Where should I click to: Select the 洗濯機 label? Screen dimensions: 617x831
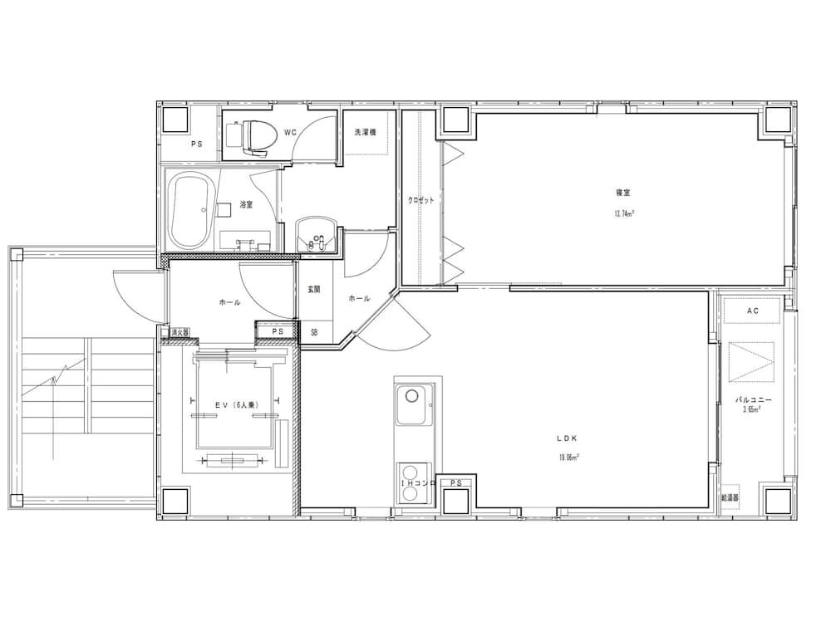coord(366,132)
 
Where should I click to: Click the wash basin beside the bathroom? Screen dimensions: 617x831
coord(316,234)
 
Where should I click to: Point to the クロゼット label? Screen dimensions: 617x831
coord(420,200)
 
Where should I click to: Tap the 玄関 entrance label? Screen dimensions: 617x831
coord(313,290)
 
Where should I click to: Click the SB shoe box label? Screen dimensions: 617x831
coord(314,332)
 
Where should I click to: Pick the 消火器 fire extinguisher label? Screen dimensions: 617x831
coord(179,332)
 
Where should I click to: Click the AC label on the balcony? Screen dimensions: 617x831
coord(752,311)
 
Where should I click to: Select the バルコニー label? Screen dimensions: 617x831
coord(754,399)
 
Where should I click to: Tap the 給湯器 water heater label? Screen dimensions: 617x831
coord(730,497)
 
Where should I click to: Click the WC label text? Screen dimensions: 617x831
coord(290,132)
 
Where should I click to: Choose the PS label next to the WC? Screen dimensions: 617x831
coord(196,144)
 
